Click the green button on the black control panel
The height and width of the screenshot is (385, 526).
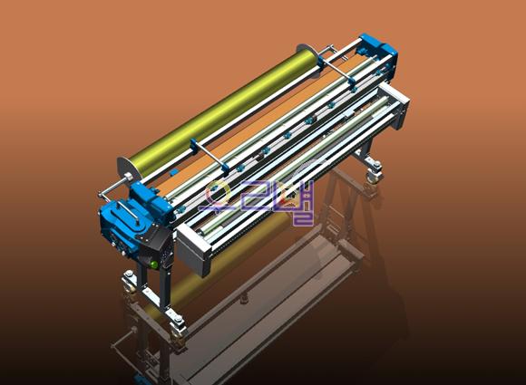click(154, 265)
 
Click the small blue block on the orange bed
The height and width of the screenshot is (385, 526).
click(173, 172)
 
